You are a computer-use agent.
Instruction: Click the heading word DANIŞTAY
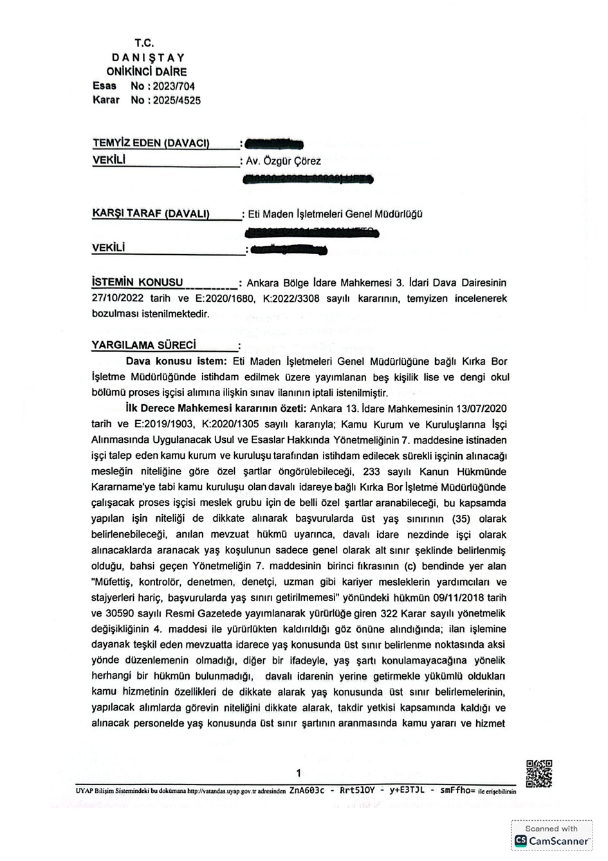pos(147,57)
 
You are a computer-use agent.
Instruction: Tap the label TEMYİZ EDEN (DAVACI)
pos(152,143)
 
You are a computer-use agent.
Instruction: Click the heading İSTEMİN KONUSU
pos(138,282)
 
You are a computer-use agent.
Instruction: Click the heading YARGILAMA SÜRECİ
pos(144,345)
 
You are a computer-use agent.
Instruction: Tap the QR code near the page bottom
pos(539,773)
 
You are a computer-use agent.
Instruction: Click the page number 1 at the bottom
pos(299,773)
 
